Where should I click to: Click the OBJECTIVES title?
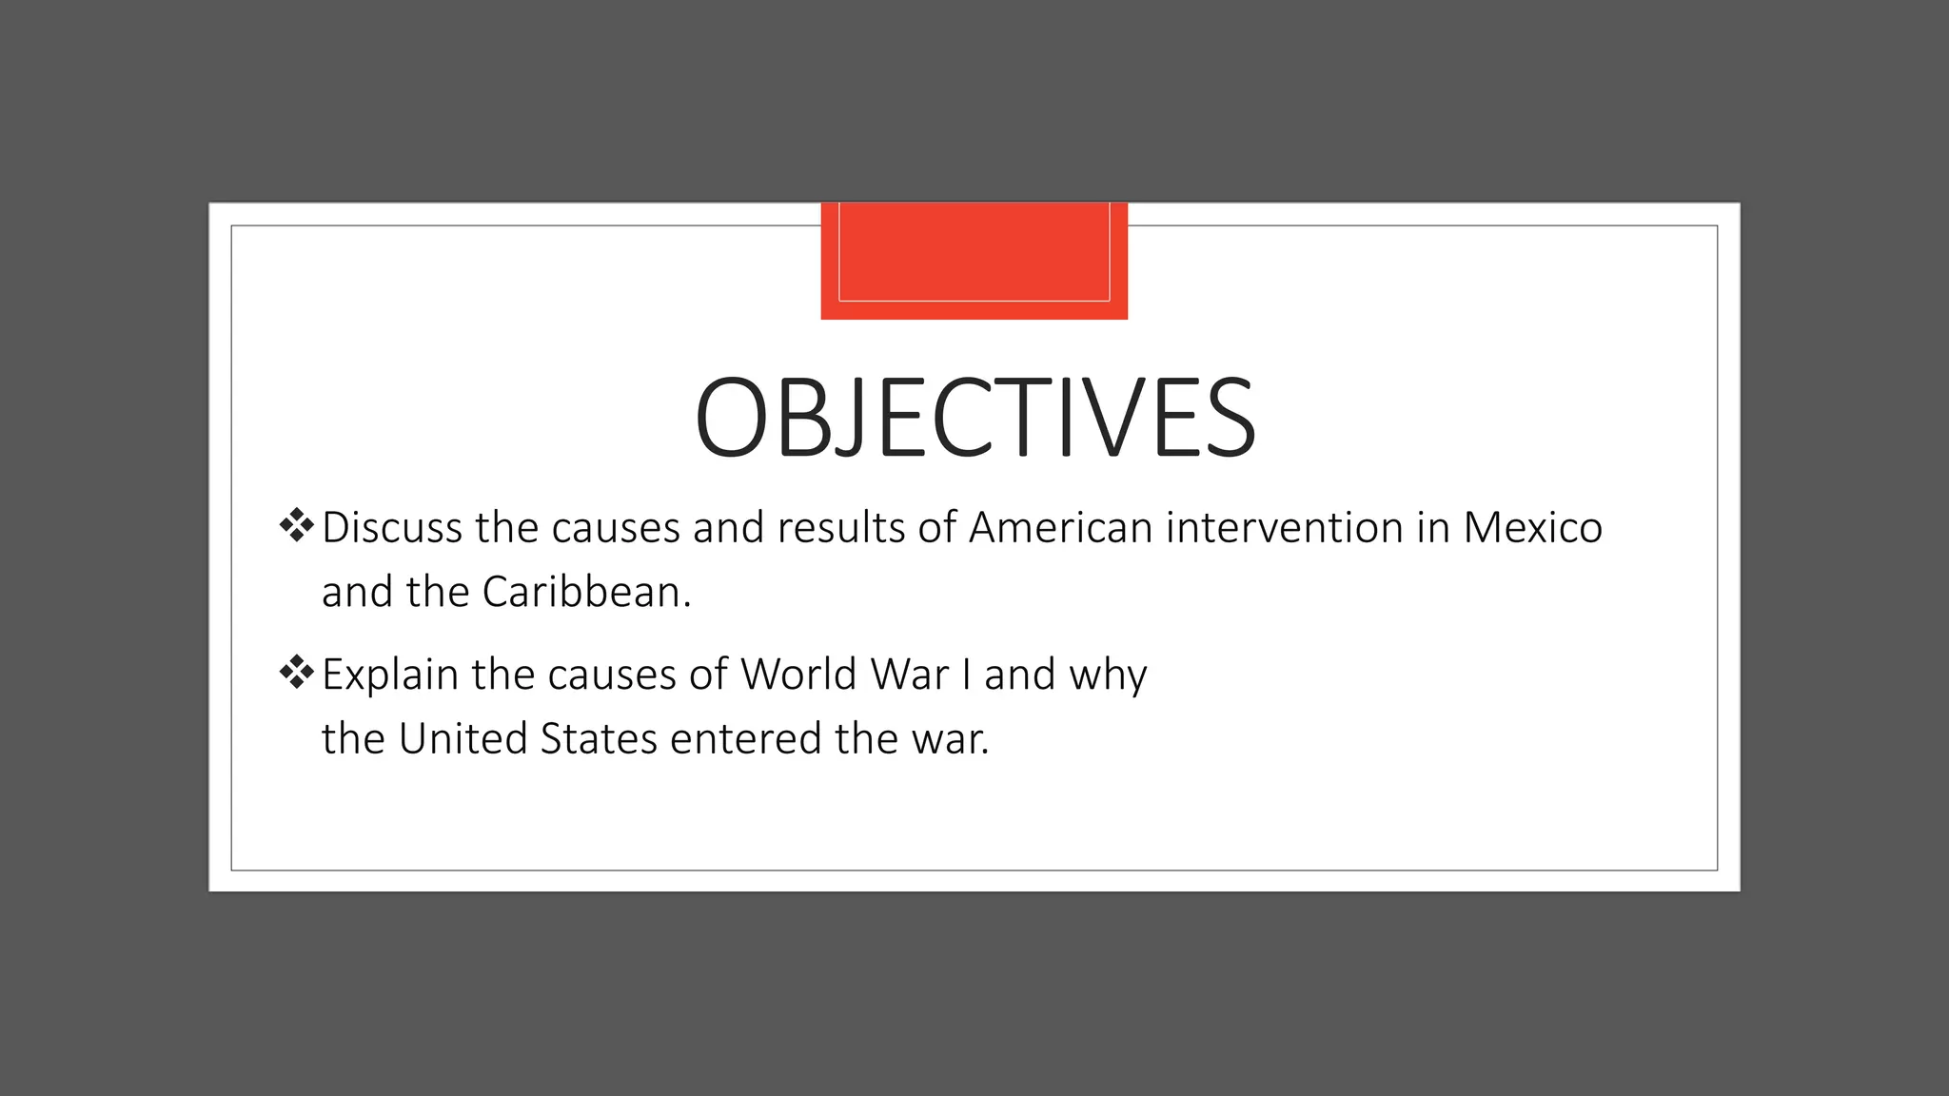974,419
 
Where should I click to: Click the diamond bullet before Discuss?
297,525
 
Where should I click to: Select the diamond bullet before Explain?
297,673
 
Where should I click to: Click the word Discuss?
392,528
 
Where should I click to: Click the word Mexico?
1532,528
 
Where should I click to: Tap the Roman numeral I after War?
967,675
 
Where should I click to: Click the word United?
463,739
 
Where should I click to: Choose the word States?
599,739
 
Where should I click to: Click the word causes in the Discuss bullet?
616,529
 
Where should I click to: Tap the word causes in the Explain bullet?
612,675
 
